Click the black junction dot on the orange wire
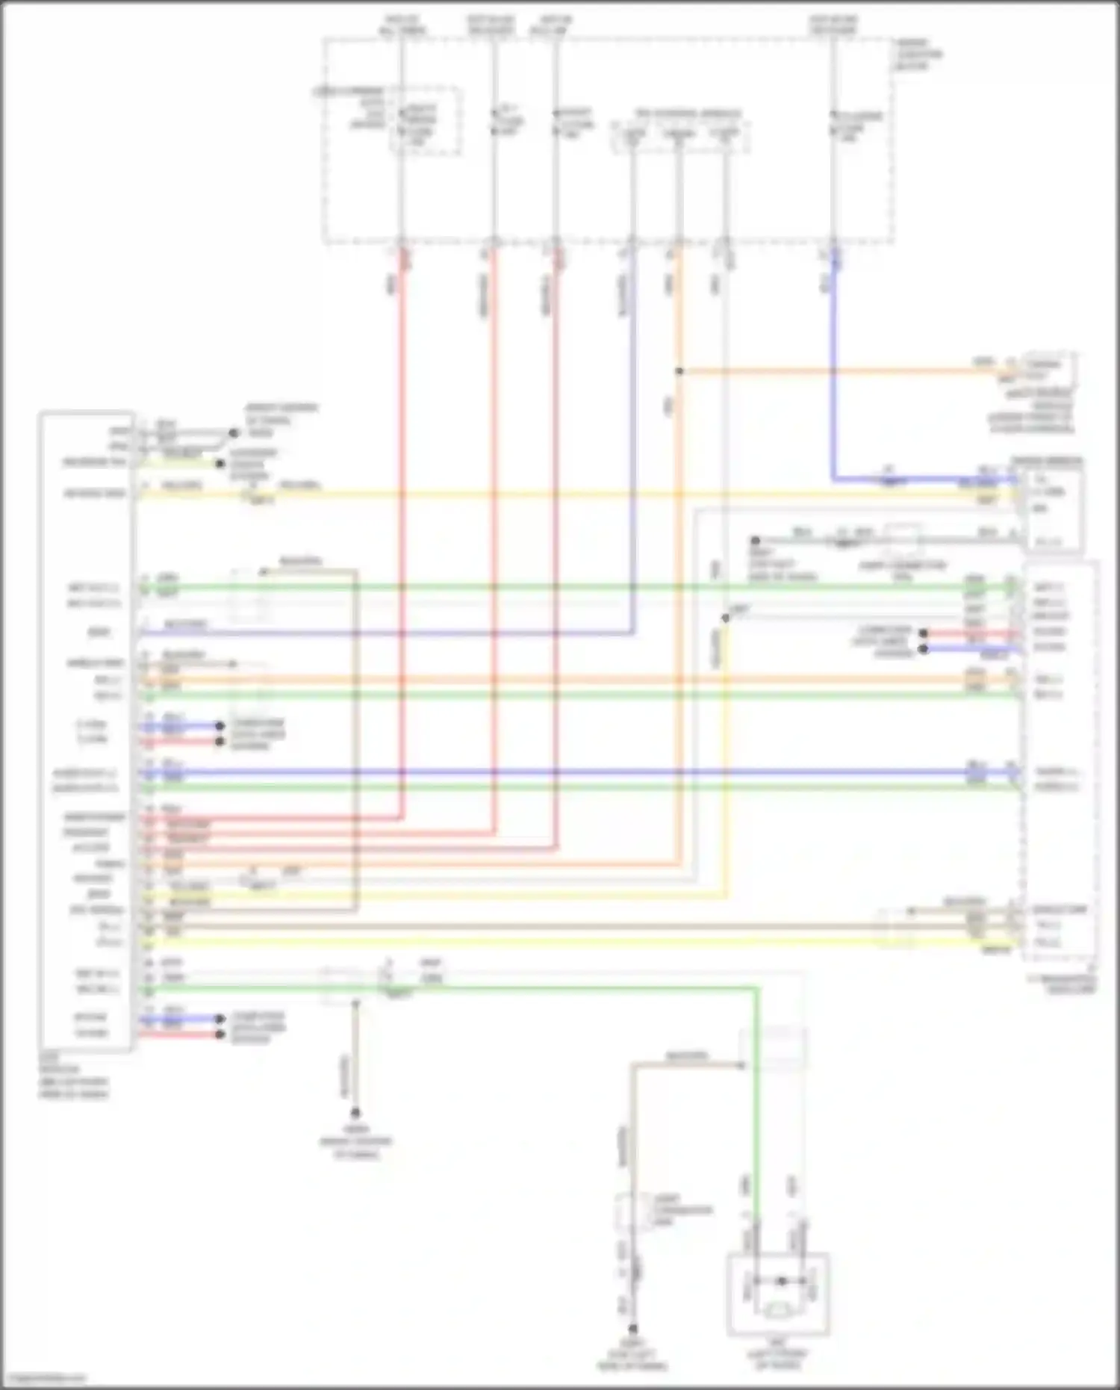(679, 370)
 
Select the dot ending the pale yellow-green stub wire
(220, 463)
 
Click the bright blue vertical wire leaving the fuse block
(833, 359)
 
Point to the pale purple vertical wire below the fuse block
(633, 448)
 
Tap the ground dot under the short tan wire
(356, 1112)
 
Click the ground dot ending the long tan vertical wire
(633, 1329)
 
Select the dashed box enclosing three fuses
(681, 136)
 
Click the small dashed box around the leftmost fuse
(424, 121)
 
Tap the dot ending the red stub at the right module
(924, 633)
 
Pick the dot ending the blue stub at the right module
(924, 649)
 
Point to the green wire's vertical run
(757, 1105)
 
